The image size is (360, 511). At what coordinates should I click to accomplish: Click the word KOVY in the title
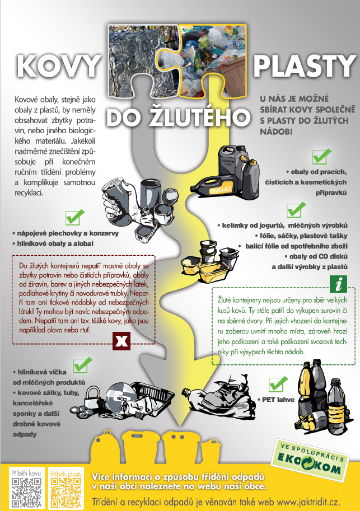coord(58,65)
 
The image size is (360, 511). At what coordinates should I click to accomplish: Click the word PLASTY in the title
coord(305,65)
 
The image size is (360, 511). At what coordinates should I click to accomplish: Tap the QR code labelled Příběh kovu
coord(26,492)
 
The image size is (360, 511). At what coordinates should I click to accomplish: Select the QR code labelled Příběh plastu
coord(66,492)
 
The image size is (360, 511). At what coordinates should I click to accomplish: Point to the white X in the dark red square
coord(121,341)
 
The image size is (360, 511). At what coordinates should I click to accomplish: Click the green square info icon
coord(339,284)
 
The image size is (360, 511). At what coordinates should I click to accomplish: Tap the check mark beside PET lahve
coord(278,384)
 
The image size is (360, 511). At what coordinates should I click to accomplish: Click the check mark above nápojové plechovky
coord(74,217)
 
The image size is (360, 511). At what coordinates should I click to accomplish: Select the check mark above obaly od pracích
coord(321,156)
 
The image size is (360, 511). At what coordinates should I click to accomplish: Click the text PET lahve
coord(278,400)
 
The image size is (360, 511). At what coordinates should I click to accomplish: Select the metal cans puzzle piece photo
coord(143,60)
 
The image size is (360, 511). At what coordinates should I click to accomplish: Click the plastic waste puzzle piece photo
coord(213,60)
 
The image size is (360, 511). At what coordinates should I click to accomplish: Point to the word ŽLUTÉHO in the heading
coord(199,118)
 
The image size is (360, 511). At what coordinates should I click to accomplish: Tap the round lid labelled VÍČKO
coord(120,395)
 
